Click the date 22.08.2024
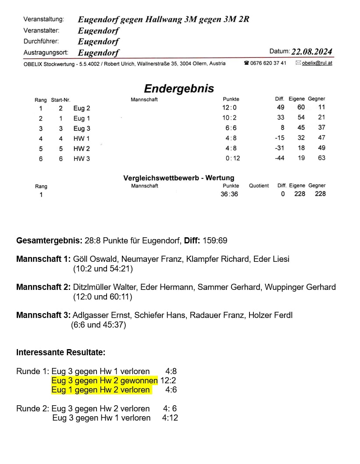point(312,52)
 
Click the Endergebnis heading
point(179,89)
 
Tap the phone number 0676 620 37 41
point(268,63)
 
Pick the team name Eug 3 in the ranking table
point(82,128)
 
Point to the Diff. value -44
point(279,158)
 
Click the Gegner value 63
point(321,158)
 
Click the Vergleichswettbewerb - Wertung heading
point(179,178)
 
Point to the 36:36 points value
point(229,194)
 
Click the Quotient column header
point(259,186)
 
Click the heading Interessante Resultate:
point(61,353)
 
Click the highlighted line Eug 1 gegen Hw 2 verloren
point(101,390)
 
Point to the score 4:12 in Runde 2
point(170,418)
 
